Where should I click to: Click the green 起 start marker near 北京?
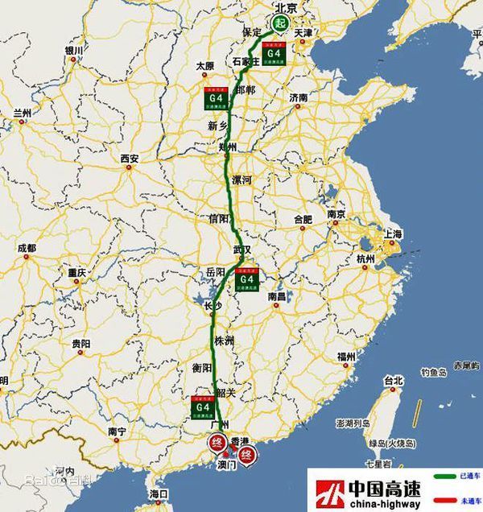(x=279, y=23)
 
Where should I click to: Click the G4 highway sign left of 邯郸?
(x=213, y=97)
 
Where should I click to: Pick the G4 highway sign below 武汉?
(x=246, y=277)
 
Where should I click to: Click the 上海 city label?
(x=394, y=234)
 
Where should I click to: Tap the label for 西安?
(x=130, y=159)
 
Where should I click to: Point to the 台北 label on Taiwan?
(x=393, y=380)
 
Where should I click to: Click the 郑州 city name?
(x=228, y=148)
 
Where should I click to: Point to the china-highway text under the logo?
(x=383, y=503)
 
